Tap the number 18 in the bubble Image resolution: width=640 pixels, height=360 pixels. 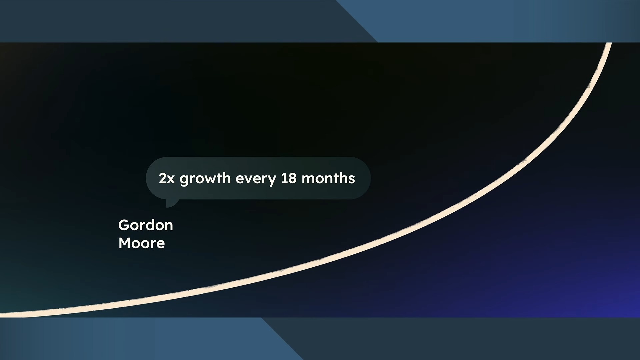pos(289,178)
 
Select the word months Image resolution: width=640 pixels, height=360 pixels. pos(328,178)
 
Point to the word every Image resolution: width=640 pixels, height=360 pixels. pos(256,179)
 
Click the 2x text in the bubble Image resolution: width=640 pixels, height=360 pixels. pos(167,179)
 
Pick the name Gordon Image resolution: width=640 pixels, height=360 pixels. pos(146,225)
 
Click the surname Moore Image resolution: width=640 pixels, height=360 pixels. pos(142,243)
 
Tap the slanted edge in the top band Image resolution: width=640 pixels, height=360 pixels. pos(357,21)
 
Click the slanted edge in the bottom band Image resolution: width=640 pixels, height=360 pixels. pos(282,339)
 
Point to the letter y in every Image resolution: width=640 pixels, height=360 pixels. pos(272,181)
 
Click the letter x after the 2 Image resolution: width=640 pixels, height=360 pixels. pos(171,180)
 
